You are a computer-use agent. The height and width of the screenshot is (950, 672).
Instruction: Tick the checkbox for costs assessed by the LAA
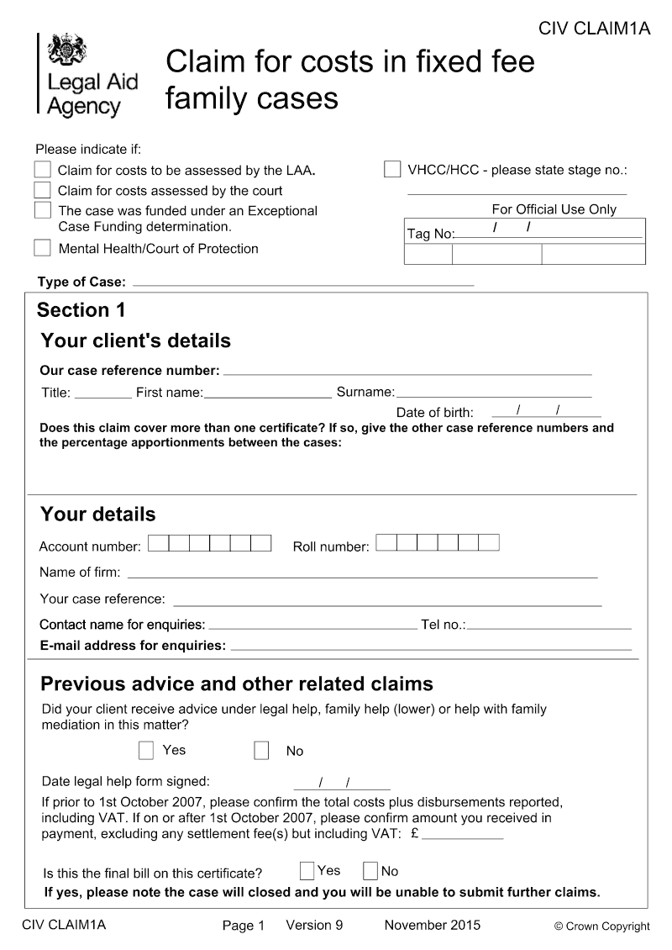point(43,170)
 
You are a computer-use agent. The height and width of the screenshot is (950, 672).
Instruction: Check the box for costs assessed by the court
point(43,190)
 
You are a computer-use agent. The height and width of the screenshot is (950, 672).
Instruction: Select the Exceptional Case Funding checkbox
point(43,209)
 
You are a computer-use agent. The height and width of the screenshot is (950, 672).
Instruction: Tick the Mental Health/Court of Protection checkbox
point(43,248)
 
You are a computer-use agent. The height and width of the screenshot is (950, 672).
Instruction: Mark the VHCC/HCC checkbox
point(392,169)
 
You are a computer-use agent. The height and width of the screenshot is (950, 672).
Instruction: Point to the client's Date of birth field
point(545,411)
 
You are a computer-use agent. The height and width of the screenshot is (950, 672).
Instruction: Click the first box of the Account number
point(158,543)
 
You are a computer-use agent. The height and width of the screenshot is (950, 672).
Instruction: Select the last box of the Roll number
point(489,543)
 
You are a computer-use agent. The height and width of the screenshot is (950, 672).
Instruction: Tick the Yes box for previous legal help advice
point(146,750)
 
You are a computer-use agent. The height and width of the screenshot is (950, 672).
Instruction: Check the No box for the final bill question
point(370,871)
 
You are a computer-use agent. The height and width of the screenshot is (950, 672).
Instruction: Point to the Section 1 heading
point(81,310)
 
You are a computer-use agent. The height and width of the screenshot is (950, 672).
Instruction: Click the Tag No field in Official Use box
point(546,233)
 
